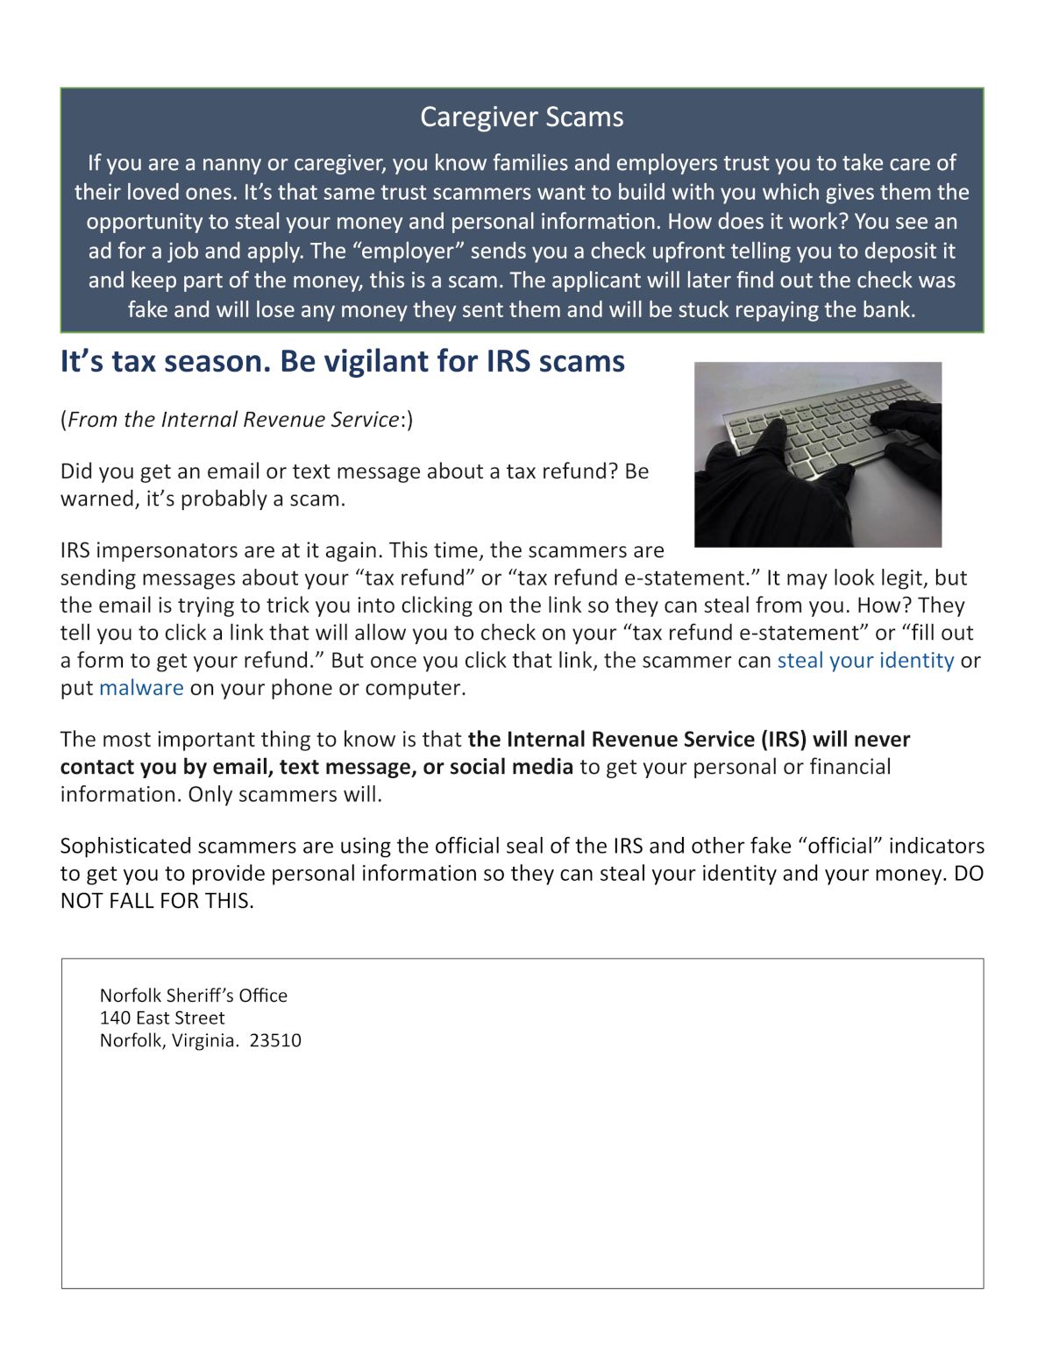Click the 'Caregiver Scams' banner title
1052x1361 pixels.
click(x=522, y=117)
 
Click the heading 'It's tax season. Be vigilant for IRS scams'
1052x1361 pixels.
click(x=342, y=361)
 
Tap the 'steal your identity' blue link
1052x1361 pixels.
click(x=865, y=660)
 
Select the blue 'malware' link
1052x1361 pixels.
click(x=141, y=688)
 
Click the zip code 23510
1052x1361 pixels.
click(x=275, y=1041)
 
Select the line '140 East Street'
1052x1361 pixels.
click(x=162, y=1018)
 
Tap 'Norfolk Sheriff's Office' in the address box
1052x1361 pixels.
click(x=193, y=996)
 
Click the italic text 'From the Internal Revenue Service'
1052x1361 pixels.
click(x=233, y=420)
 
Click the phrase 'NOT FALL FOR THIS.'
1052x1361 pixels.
click(x=157, y=901)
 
